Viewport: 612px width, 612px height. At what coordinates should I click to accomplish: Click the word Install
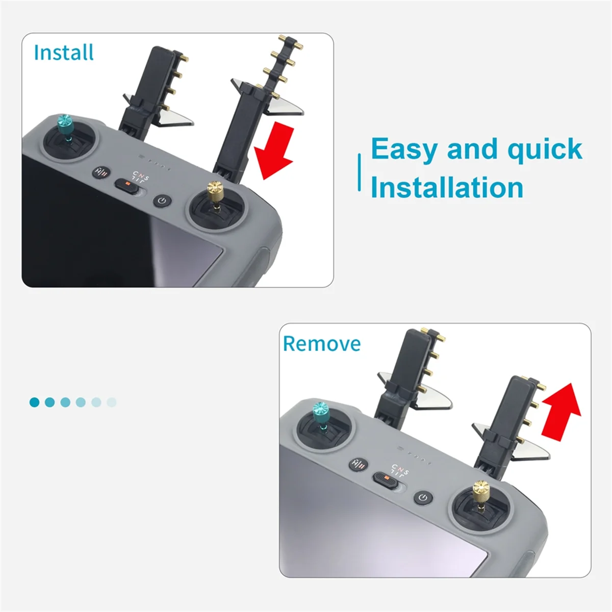[x=64, y=53]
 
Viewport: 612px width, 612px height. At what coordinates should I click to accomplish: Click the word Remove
[x=322, y=344]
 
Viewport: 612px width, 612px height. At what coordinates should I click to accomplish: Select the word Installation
[x=447, y=187]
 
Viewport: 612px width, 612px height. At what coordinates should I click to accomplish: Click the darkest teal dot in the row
[x=34, y=402]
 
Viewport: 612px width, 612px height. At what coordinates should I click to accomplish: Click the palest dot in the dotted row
[x=112, y=402]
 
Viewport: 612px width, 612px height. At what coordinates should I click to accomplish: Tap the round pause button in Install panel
[x=101, y=172]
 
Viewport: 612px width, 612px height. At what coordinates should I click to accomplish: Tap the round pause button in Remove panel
[x=359, y=464]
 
